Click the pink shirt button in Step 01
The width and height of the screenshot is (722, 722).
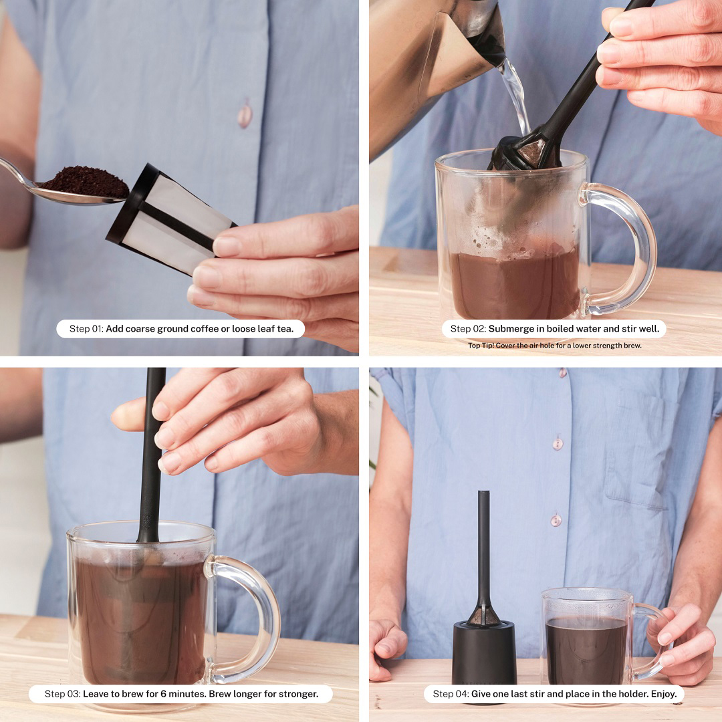point(245,113)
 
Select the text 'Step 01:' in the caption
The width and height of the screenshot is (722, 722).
point(86,329)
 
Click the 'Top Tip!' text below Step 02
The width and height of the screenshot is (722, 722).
point(481,346)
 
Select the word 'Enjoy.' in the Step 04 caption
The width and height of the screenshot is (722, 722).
point(664,694)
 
